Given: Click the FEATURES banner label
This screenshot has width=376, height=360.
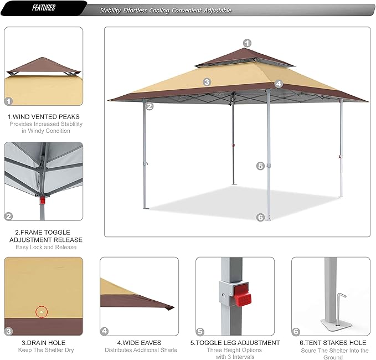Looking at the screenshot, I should click(43, 8).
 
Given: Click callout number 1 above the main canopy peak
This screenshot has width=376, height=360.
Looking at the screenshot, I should click(247, 43).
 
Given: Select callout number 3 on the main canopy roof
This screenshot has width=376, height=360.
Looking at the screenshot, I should click(207, 81).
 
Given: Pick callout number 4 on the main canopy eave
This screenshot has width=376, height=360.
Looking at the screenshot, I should click(279, 84).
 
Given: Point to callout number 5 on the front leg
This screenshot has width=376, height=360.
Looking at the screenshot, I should click(260, 166).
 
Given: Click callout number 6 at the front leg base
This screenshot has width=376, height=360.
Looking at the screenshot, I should click(260, 217).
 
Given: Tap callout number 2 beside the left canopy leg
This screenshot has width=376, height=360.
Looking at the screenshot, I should click(148, 106).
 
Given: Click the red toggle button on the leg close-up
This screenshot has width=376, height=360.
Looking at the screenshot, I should click(239, 294).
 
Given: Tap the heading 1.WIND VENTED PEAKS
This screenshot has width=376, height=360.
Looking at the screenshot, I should click(44, 117).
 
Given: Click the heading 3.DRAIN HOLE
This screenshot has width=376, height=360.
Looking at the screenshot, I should click(44, 343).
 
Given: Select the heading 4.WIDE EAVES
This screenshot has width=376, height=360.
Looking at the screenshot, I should click(141, 343).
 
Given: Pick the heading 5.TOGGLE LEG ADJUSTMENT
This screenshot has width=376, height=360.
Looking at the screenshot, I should click(235, 343).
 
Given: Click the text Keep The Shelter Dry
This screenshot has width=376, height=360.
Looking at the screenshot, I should click(44, 350).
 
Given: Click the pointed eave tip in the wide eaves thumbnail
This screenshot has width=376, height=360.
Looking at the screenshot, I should click(172, 307).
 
